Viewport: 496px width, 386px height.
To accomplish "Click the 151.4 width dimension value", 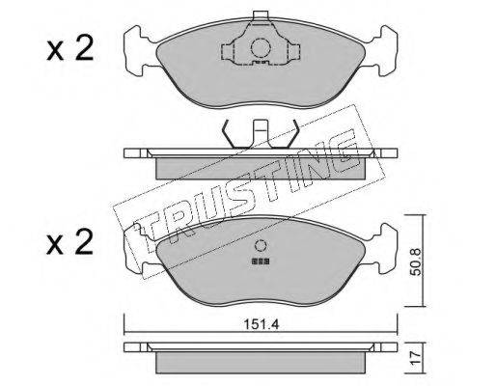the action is click(x=262, y=324).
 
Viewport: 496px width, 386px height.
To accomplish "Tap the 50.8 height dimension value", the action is click(x=417, y=262).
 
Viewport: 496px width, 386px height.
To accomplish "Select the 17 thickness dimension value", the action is click(x=417, y=359).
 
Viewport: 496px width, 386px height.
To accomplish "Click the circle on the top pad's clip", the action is click(x=261, y=48).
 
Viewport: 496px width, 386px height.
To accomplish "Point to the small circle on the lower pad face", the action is click(x=261, y=245).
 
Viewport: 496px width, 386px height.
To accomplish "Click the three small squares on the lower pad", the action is click(x=261, y=262).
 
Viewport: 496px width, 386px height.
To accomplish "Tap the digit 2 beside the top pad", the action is click(x=84, y=48).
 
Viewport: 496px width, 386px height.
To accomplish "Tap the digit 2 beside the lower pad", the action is click(x=83, y=242).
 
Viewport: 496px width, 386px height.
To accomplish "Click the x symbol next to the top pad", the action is click(x=55, y=52).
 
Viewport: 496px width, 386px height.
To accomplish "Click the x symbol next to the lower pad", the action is click(x=55, y=246).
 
